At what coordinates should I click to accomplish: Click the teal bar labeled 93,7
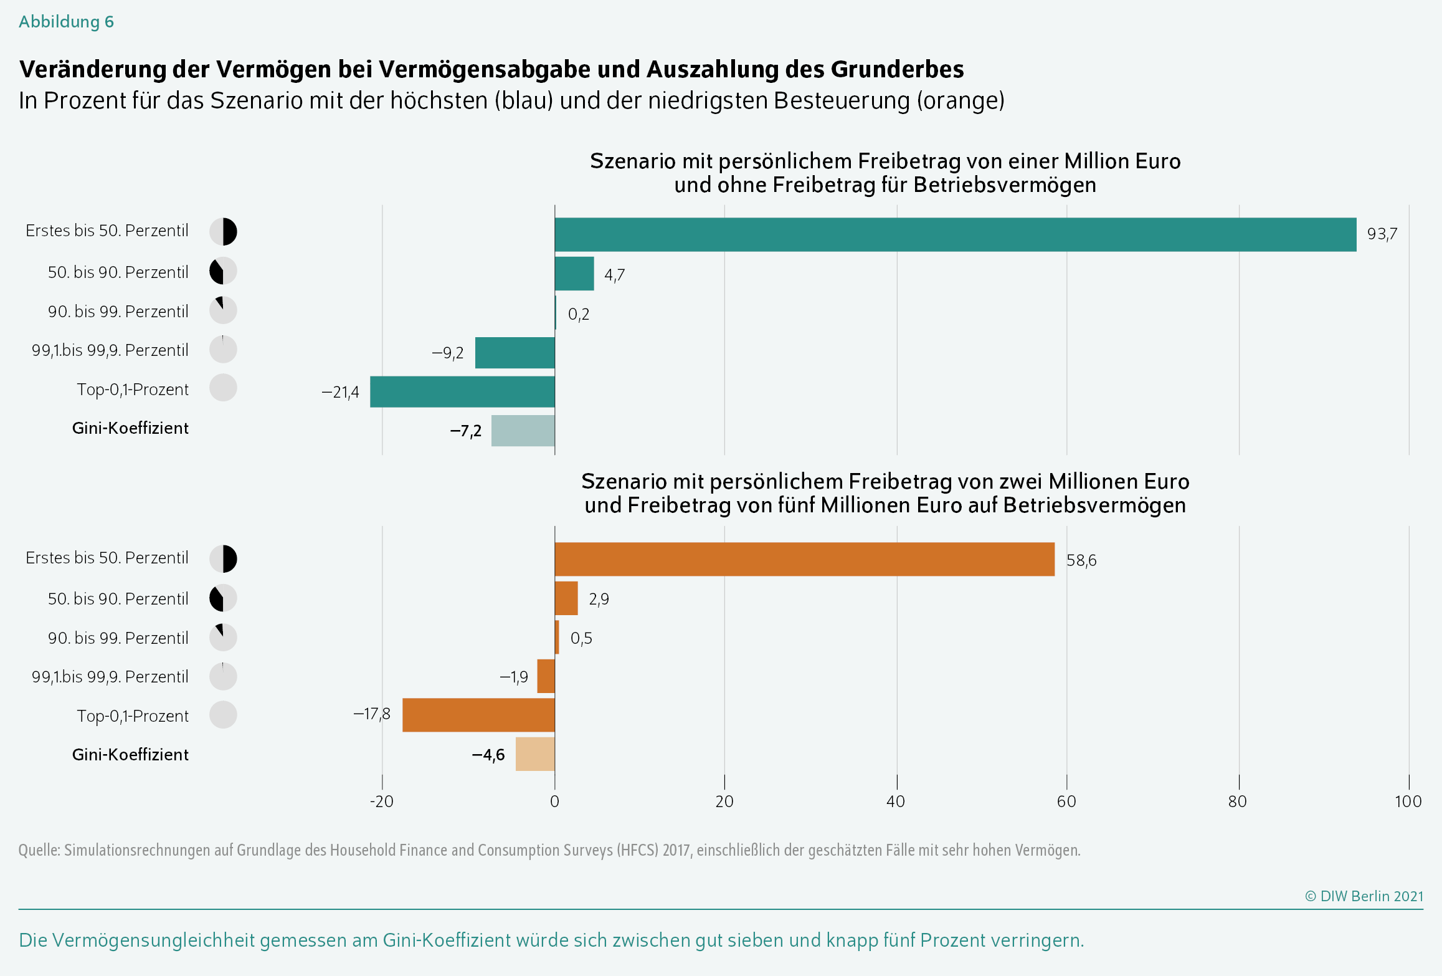click(956, 234)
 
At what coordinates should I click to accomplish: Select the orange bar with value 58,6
click(805, 559)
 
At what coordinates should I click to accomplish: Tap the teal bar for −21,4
click(462, 391)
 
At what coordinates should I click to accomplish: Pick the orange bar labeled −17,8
click(478, 715)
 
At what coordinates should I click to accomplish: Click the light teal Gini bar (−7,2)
click(523, 431)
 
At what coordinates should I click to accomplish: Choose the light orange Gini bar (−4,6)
click(535, 754)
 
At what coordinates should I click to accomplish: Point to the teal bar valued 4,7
click(574, 274)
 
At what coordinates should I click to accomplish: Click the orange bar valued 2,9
click(566, 598)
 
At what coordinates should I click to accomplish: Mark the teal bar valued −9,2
click(515, 353)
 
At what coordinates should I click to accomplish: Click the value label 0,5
click(581, 638)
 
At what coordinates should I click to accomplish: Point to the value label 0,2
click(579, 314)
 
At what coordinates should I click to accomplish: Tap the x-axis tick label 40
click(896, 801)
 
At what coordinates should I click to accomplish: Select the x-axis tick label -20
click(382, 801)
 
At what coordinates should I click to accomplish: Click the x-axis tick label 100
click(1408, 801)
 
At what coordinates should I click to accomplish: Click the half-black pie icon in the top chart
click(223, 232)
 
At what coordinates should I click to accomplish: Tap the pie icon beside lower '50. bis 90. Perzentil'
click(223, 598)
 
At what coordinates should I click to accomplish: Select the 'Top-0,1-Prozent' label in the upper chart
click(133, 390)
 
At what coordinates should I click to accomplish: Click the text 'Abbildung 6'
click(66, 22)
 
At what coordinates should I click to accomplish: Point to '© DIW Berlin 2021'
click(1364, 896)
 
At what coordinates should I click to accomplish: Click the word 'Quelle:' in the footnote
click(39, 850)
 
